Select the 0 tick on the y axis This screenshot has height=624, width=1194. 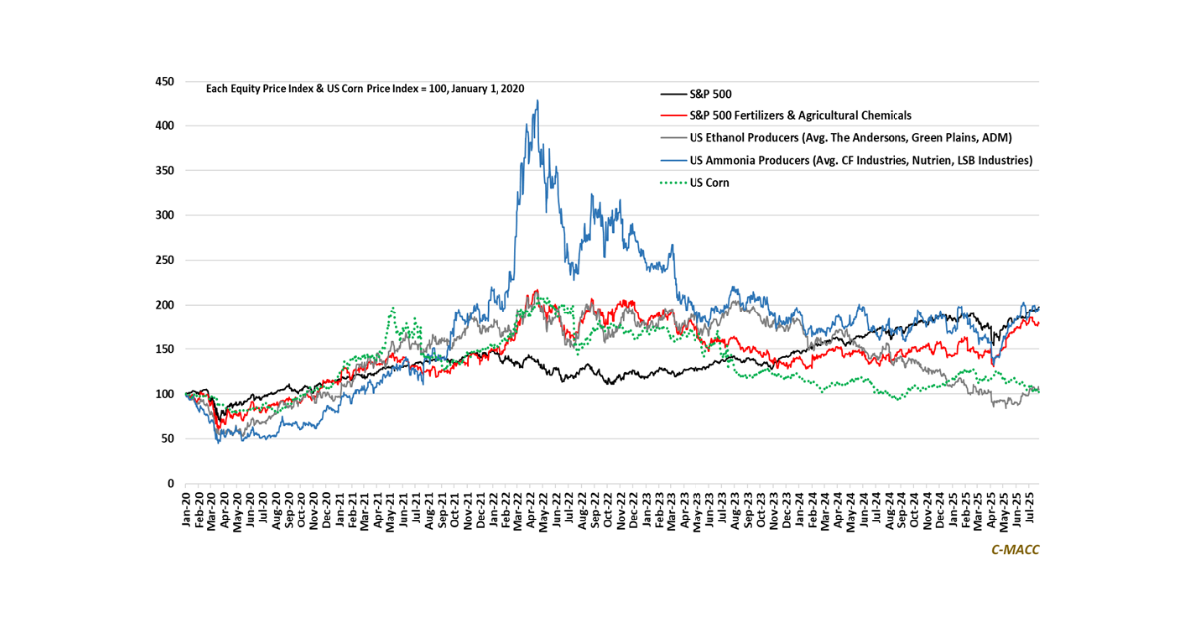tap(171, 484)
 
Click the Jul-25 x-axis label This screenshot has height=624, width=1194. tap(1033, 510)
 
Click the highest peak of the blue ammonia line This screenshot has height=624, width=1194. tap(537, 100)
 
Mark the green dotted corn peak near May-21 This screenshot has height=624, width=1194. tap(394, 308)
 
